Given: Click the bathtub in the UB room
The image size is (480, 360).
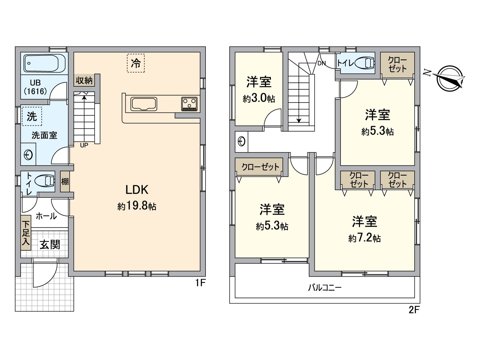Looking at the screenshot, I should coord(44,63).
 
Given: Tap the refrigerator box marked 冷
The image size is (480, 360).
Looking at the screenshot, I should coord(136,63).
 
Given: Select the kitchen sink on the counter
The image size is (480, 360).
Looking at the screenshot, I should coord(144,104).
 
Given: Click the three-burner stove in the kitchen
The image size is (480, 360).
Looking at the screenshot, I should coord(189,104).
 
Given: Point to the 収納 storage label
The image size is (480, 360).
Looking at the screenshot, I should coord(84,80).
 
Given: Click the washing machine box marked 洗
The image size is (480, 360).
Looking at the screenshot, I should coord(32,116).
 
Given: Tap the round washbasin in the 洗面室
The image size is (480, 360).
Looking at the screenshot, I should coord(28,155).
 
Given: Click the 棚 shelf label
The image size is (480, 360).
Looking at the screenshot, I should coord(65,181).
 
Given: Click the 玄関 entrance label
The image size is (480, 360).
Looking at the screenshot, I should coord(50,245).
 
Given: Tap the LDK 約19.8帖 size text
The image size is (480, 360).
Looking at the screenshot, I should coord(137,206).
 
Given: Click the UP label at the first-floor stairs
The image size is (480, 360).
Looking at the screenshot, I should coord(84,145).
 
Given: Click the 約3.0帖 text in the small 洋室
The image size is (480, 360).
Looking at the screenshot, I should coord(259,98).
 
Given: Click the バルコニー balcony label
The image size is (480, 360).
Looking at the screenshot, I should coord(325,288).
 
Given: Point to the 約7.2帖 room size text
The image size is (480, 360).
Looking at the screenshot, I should coord(364,238).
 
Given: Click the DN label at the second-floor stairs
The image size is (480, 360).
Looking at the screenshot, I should coord(322,64).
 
